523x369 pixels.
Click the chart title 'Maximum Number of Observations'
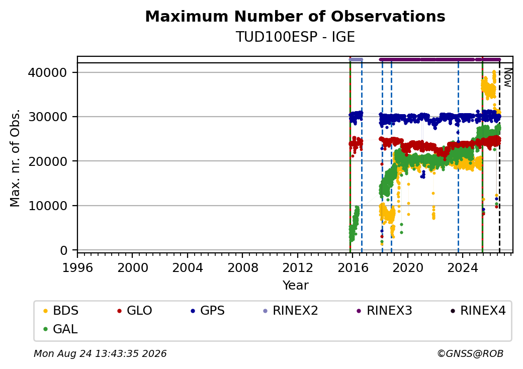click(x=295, y=16)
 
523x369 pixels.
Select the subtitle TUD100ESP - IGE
click(x=295, y=37)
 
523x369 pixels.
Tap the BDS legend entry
click(x=61, y=311)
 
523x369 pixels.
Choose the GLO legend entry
click(x=135, y=311)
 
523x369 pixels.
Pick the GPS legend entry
click(x=208, y=311)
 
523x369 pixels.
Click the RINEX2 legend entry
click(x=291, y=311)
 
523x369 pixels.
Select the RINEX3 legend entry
click(x=385, y=311)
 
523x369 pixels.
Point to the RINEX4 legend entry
click(x=478, y=311)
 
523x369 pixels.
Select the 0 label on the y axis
click(x=64, y=250)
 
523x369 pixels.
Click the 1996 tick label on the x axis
click(x=77, y=267)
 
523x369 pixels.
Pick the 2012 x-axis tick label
click(x=297, y=267)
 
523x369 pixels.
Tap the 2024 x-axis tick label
click(x=462, y=267)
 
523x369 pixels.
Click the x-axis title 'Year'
click(x=296, y=286)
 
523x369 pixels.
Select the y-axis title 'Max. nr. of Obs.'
click(x=15, y=158)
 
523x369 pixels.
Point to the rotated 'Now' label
click(x=507, y=77)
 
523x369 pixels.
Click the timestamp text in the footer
click(x=100, y=353)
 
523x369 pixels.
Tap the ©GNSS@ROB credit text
click(x=470, y=353)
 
